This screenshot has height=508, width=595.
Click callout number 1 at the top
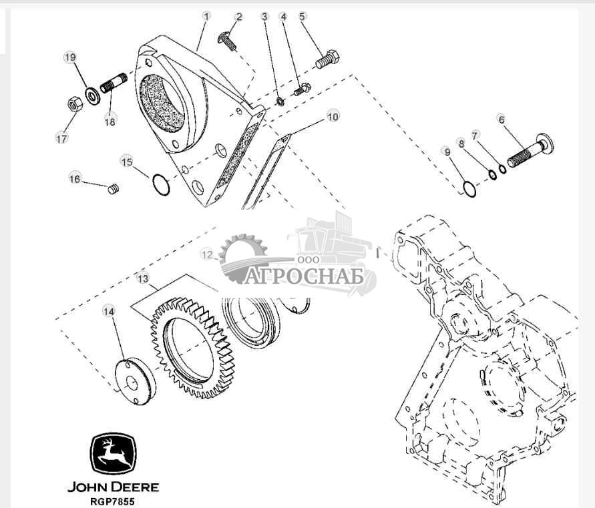pyautogui.click(x=206, y=15)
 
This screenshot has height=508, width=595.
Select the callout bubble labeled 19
pyautogui.click(x=70, y=57)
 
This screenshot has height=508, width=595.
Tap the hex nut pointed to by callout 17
pyautogui.click(x=75, y=104)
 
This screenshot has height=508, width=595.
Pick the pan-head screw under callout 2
pyautogui.click(x=227, y=41)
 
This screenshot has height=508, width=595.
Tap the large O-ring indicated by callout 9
pyautogui.click(x=469, y=189)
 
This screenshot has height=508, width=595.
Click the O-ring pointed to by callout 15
pyautogui.click(x=160, y=184)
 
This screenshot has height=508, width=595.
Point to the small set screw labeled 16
pyautogui.click(x=113, y=190)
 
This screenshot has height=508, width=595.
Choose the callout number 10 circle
pyautogui.click(x=333, y=117)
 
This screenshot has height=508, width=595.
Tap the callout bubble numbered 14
pyautogui.click(x=109, y=310)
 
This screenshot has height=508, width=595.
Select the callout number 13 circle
pyautogui.click(x=142, y=277)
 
